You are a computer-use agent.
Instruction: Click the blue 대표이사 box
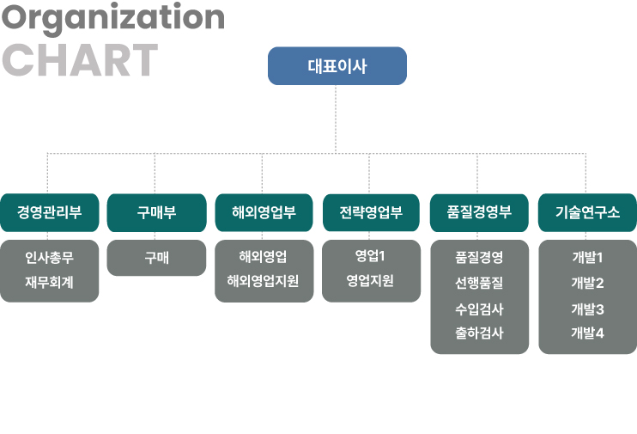point(337,66)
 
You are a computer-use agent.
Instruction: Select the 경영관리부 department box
point(50,213)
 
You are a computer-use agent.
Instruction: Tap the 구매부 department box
point(157,213)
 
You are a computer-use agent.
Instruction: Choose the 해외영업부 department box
point(264,213)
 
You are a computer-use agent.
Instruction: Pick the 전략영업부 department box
point(371,213)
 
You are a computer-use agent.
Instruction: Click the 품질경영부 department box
point(479,213)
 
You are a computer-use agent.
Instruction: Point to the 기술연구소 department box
point(587,213)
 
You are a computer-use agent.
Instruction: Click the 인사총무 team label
point(49,258)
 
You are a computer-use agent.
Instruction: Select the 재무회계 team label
point(49,282)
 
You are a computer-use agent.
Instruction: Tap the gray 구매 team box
point(156,258)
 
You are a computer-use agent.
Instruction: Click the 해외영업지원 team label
point(263,281)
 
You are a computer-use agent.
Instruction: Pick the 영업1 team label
point(370,256)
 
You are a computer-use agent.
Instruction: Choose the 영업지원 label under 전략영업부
point(370,280)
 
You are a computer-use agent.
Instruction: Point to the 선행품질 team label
point(479,283)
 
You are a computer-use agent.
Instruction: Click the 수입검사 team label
point(479,309)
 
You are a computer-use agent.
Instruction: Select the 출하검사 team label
point(479,333)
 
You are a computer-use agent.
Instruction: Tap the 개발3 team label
point(587,309)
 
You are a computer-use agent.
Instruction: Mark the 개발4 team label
point(587,333)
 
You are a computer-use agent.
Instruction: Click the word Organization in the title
point(113,18)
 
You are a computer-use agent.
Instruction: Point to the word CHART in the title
point(80,60)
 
